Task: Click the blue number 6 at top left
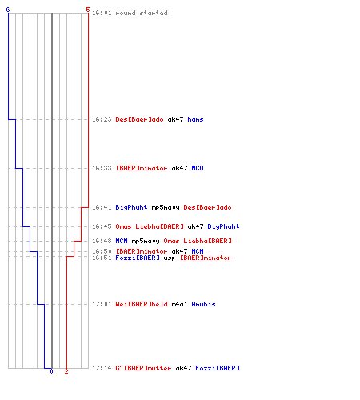click(x=8, y=10)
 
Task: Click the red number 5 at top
click(x=88, y=10)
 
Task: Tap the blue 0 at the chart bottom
click(x=51, y=371)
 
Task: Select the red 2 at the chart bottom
click(x=66, y=371)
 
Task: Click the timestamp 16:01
click(x=102, y=13)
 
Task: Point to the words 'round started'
click(x=142, y=13)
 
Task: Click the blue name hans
click(x=195, y=119)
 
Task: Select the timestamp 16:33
click(x=102, y=168)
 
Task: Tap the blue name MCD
click(x=198, y=168)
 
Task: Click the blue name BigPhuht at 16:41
click(x=131, y=207)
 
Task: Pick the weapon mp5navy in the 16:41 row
click(x=166, y=207)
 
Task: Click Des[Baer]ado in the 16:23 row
click(x=139, y=119)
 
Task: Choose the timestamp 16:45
click(x=102, y=226)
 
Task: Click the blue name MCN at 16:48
click(x=122, y=241)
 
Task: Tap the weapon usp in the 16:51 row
click(x=170, y=258)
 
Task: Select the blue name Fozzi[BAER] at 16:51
click(x=138, y=258)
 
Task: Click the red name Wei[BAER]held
click(x=142, y=304)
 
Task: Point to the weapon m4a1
click(x=179, y=304)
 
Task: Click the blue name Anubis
click(x=203, y=304)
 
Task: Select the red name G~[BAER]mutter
click(x=143, y=368)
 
